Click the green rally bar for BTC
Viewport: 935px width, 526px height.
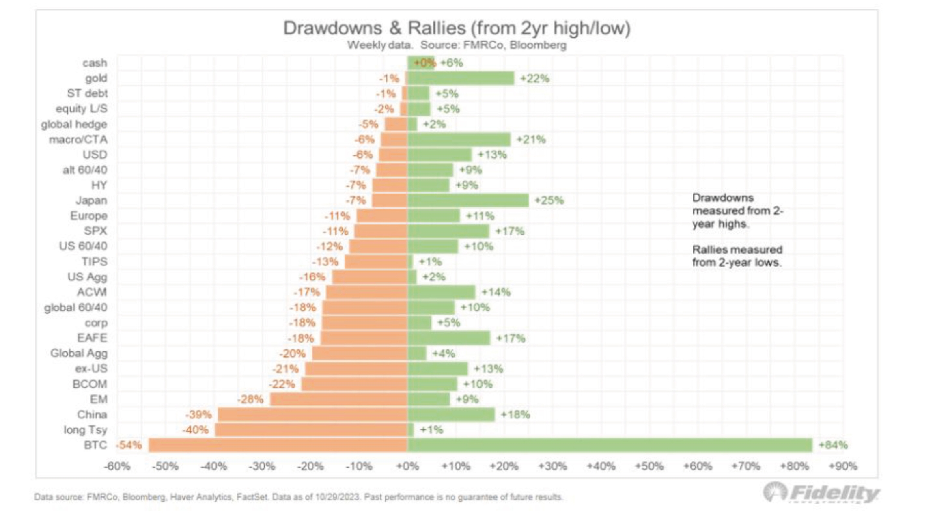(x=609, y=445)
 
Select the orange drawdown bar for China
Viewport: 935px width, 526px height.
(x=312, y=414)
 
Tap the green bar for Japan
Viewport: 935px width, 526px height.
(x=467, y=200)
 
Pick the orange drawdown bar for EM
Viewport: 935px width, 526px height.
(x=338, y=399)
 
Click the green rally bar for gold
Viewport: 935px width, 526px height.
(x=461, y=78)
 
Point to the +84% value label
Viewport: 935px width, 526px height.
(x=833, y=445)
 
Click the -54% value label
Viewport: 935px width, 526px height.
(x=129, y=445)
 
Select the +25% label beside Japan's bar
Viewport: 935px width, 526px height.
(x=549, y=200)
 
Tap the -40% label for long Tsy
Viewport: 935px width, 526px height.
(x=196, y=429)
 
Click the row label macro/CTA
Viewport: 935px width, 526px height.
(x=78, y=139)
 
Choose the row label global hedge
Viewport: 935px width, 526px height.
(x=74, y=124)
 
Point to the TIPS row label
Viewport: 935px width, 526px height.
(x=95, y=261)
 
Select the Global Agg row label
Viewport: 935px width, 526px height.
(x=79, y=353)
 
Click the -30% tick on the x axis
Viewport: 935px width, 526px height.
(x=262, y=466)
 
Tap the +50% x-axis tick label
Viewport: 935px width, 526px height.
(x=649, y=466)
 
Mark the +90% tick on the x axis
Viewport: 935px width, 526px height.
(x=842, y=466)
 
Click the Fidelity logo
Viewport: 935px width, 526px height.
(x=821, y=493)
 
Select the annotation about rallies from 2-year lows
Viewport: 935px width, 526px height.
(x=737, y=256)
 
